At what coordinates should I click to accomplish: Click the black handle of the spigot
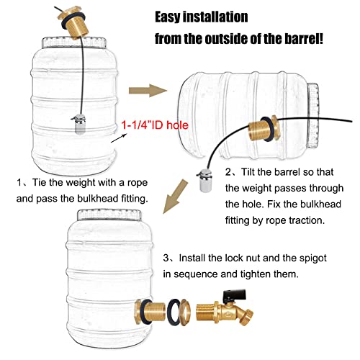[x=235, y=294]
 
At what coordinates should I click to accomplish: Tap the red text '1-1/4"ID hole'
[x=155, y=125]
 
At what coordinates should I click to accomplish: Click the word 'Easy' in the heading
[x=168, y=17]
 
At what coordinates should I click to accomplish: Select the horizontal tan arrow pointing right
[x=148, y=91]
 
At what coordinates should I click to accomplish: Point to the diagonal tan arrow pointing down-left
[x=174, y=197]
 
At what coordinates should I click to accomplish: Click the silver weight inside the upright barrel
[x=78, y=124]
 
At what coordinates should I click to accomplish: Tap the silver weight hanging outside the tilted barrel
[x=204, y=180]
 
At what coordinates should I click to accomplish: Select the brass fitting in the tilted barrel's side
[x=264, y=129]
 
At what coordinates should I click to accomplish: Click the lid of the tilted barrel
[x=313, y=115]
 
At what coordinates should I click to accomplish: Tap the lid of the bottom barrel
[x=110, y=215]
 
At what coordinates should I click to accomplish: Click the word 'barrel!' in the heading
[x=304, y=39]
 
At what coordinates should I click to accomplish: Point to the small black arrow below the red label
[x=119, y=138]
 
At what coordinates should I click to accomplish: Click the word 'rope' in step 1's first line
[x=138, y=184]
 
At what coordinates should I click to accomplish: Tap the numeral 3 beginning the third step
[x=166, y=258]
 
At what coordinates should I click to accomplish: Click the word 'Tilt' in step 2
[x=247, y=172]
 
